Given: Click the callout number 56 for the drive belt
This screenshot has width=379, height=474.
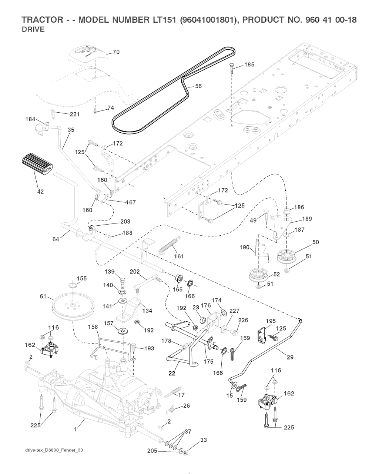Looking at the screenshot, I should (x=198, y=86).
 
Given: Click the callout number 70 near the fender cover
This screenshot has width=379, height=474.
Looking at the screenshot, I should (x=116, y=52).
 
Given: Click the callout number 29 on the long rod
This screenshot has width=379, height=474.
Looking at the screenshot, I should (x=290, y=357).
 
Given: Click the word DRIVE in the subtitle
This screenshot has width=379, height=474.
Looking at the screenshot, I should (x=33, y=30).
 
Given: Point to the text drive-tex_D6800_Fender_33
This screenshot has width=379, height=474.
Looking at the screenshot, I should (x=51, y=450).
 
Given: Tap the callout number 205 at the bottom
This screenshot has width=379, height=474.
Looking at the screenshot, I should (x=152, y=451).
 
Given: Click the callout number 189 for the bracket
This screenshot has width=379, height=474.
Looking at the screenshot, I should (x=307, y=219).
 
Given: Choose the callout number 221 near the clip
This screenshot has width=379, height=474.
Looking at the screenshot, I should (x=75, y=114).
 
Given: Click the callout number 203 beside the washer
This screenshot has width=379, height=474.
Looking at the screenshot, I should (x=125, y=222).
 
